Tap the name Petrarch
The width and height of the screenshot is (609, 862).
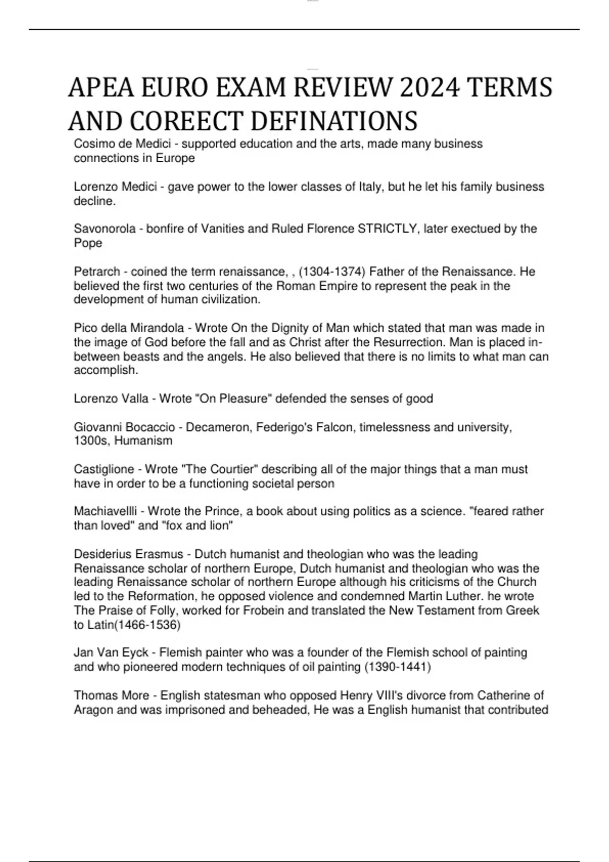[97, 272]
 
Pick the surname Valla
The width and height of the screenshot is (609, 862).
[136, 399]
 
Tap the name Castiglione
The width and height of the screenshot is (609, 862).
[104, 469]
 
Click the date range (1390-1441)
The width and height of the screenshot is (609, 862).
[397, 667]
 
